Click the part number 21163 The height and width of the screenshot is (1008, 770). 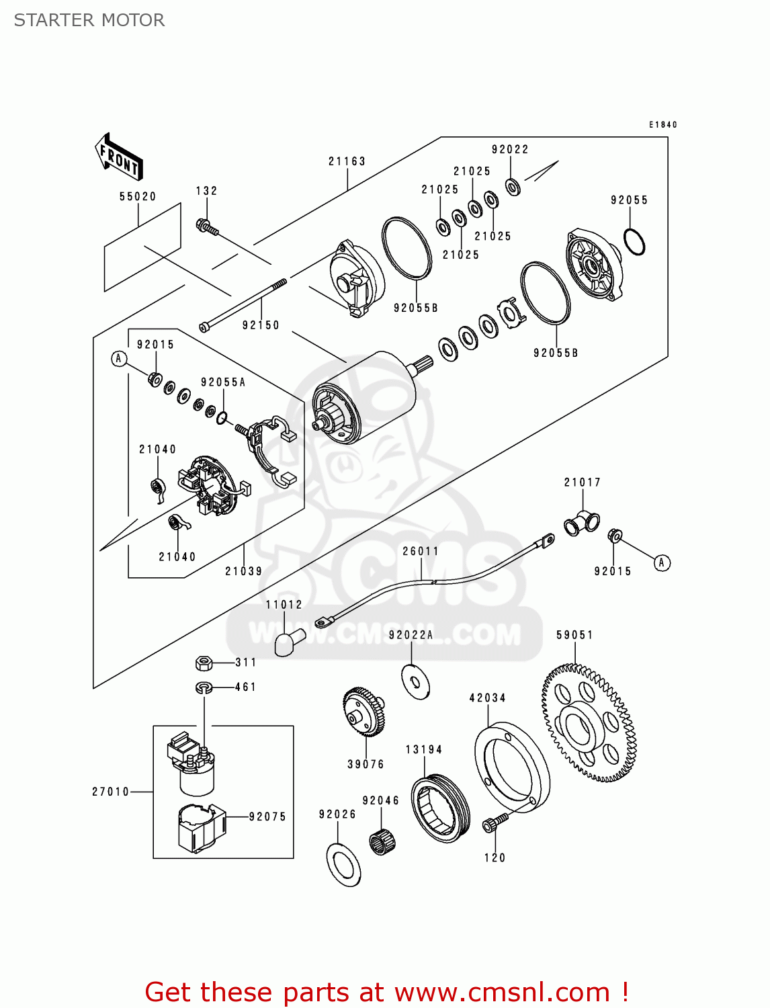[x=347, y=161]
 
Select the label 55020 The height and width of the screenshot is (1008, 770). [x=138, y=196]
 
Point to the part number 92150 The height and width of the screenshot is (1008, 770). [x=261, y=325]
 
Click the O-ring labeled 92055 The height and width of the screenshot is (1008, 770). [x=634, y=242]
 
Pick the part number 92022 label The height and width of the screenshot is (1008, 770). [x=510, y=149]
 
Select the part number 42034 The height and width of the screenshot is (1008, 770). [x=487, y=698]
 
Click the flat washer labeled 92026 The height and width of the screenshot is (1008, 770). [x=343, y=863]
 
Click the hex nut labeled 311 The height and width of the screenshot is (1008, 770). [x=204, y=663]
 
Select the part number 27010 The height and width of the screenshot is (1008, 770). [x=110, y=792]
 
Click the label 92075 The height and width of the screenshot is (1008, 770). [x=267, y=816]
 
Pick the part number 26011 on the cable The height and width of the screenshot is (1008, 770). [x=421, y=551]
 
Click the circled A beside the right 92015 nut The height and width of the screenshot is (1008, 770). [x=662, y=562]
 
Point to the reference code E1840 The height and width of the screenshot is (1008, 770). [x=662, y=124]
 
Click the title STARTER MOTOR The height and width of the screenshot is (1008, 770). [x=89, y=20]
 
